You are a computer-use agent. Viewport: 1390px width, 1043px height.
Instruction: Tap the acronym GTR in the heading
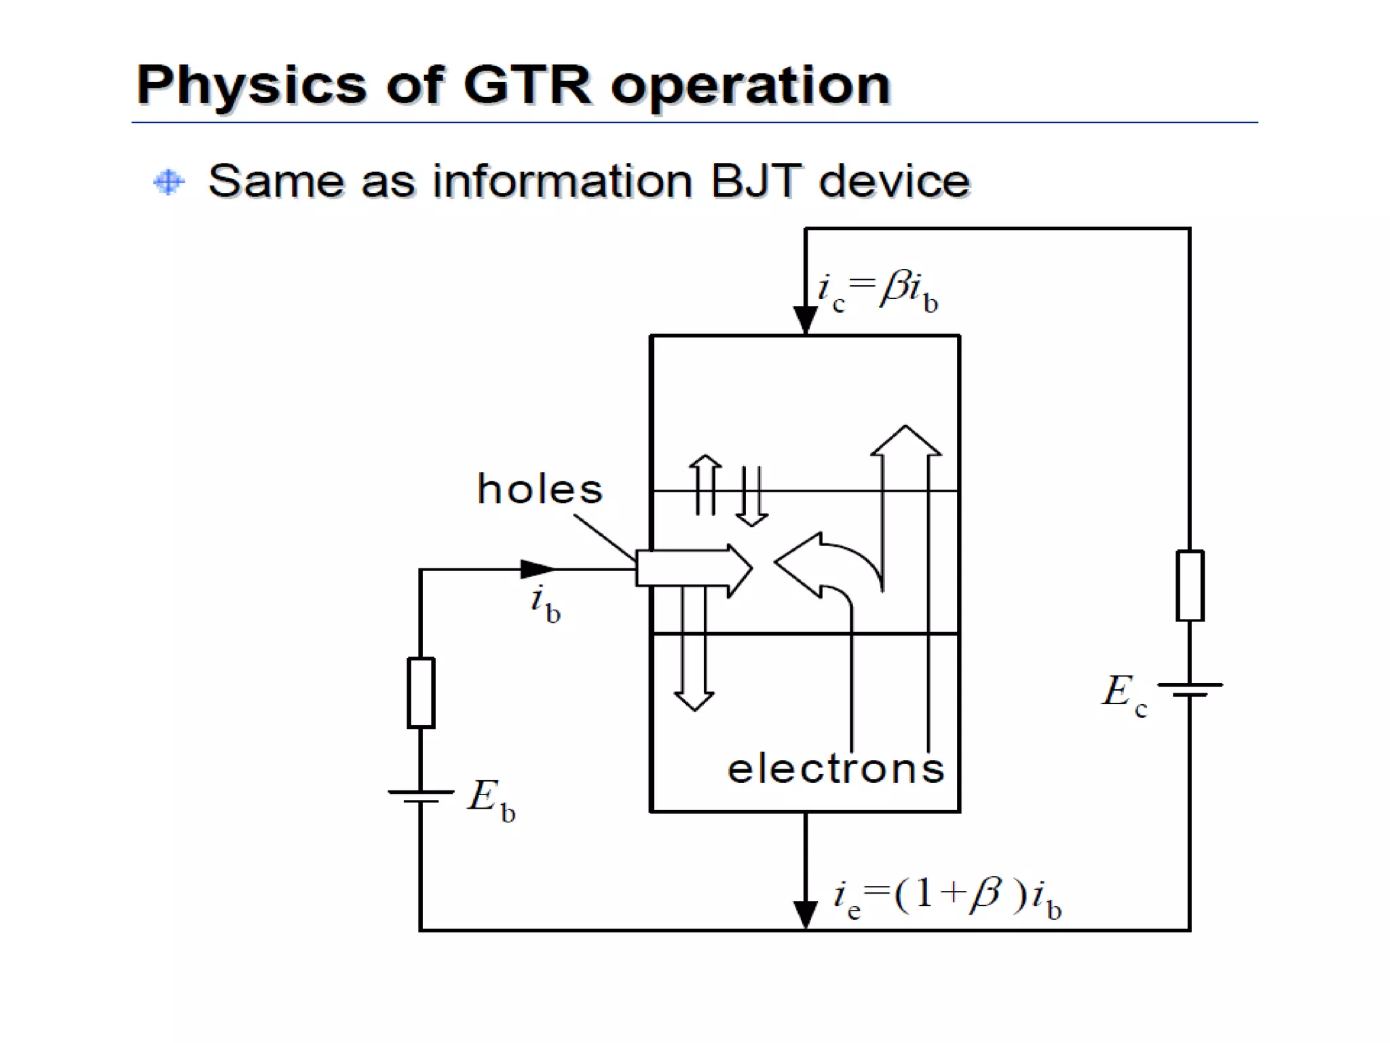pyautogui.click(x=527, y=86)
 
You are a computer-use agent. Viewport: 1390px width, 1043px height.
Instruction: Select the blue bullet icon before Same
pyautogui.click(x=168, y=181)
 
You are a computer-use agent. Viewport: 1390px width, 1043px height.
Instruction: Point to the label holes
pyautogui.click(x=540, y=488)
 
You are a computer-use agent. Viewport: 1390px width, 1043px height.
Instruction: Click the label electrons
pyautogui.click(x=835, y=769)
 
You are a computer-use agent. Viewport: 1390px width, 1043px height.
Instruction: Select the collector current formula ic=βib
pyautogui.click(x=877, y=292)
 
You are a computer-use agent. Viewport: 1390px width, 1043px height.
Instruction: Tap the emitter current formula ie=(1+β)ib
pyautogui.click(x=947, y=897)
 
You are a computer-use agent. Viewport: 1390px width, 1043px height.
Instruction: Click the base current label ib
pyautogui.click(x=545, y=604)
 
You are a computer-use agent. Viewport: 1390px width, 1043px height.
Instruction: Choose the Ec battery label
pyautogui.click(x=1123, y=694)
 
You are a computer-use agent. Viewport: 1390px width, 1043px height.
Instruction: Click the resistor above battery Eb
pyautogui.click(x=421, y=693)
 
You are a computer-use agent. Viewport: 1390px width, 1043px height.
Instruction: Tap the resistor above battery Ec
pyautogui.click(x=1189, y=585)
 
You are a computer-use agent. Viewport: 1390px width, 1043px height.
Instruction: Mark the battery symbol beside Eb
pyautogui.click(x=421, y=796)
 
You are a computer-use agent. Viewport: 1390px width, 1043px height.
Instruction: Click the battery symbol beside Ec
pyautogui.click(x=1189, y=689)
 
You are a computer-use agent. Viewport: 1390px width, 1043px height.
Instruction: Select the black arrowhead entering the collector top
pyautogui.click(x=805, y=319)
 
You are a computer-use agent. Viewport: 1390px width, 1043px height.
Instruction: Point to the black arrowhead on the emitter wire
pyautogui.click(x=805, y=913)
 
